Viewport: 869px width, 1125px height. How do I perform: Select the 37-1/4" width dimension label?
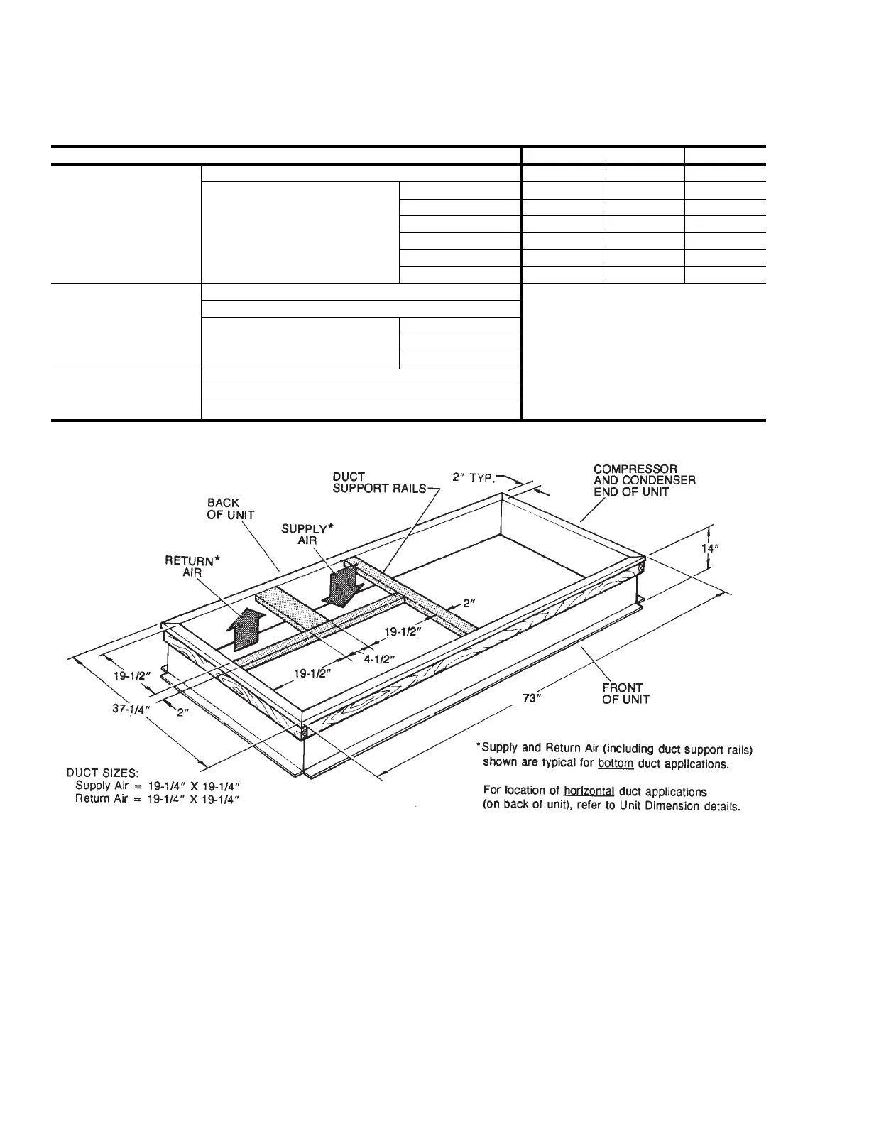[x=131, y=709]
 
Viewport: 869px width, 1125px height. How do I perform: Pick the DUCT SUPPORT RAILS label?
[x=380, y=482]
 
